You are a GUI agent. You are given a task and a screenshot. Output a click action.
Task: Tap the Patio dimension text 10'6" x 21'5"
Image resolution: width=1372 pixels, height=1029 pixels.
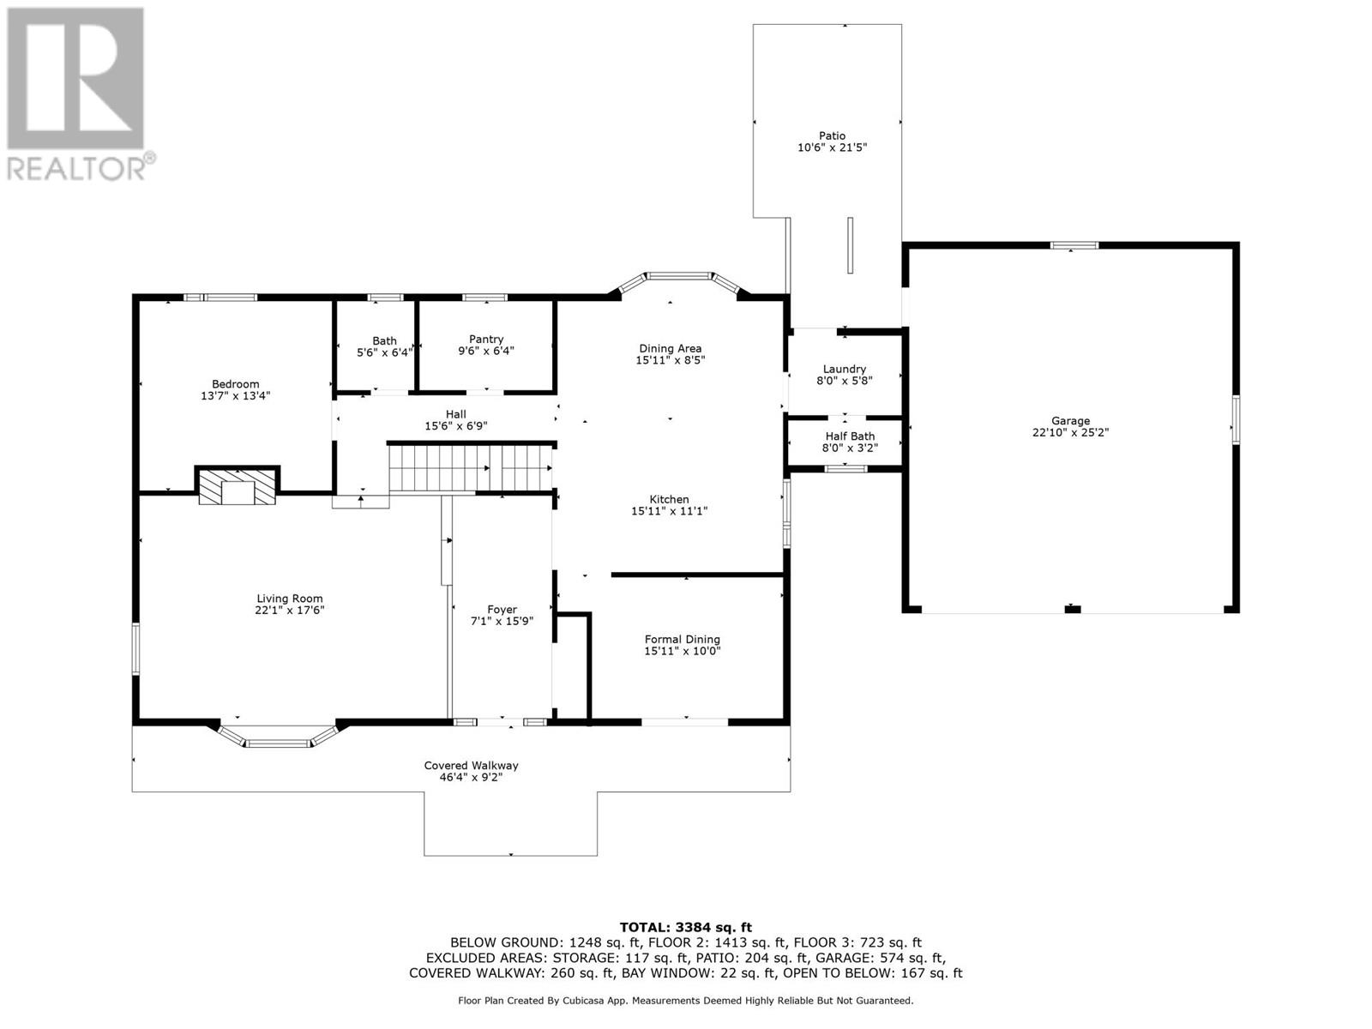pos(832,147)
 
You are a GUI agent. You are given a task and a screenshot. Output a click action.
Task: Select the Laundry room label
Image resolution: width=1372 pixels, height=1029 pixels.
pos(845,369)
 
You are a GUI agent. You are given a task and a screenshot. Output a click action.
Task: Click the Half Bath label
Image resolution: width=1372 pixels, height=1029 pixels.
pos(850,436)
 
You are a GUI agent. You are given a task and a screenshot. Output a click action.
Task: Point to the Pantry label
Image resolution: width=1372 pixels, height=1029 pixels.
pos(486,340)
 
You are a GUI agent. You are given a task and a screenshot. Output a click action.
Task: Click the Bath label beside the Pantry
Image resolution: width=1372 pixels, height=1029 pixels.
pos(384,340)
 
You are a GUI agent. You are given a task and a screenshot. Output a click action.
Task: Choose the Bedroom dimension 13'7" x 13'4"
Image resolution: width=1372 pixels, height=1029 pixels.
pos(236,396)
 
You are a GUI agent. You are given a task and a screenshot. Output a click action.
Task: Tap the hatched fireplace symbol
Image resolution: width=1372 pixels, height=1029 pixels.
pos(238,486)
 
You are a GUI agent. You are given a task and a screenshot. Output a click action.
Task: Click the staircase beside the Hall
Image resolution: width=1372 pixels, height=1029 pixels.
pos(470,467)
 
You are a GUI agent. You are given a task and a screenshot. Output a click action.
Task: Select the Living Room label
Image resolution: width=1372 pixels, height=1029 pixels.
pos(290,599)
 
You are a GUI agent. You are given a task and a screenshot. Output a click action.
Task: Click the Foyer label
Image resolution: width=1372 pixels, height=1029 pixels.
pos(502,610)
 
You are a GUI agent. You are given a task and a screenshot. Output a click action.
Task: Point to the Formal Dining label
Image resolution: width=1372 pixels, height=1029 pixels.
pos(683,639)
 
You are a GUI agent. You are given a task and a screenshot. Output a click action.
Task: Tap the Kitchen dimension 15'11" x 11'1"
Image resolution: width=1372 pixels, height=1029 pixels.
pos(669,511)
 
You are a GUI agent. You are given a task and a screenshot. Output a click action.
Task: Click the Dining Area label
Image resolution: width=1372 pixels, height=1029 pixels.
pos(670,348)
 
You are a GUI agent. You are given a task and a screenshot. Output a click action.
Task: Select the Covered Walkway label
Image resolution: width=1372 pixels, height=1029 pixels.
pos(471,766)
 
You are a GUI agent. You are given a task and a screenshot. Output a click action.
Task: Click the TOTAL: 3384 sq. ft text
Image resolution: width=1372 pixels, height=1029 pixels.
pos(685,927)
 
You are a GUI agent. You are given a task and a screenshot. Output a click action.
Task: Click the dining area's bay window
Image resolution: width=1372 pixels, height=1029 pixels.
pos(677,277)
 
